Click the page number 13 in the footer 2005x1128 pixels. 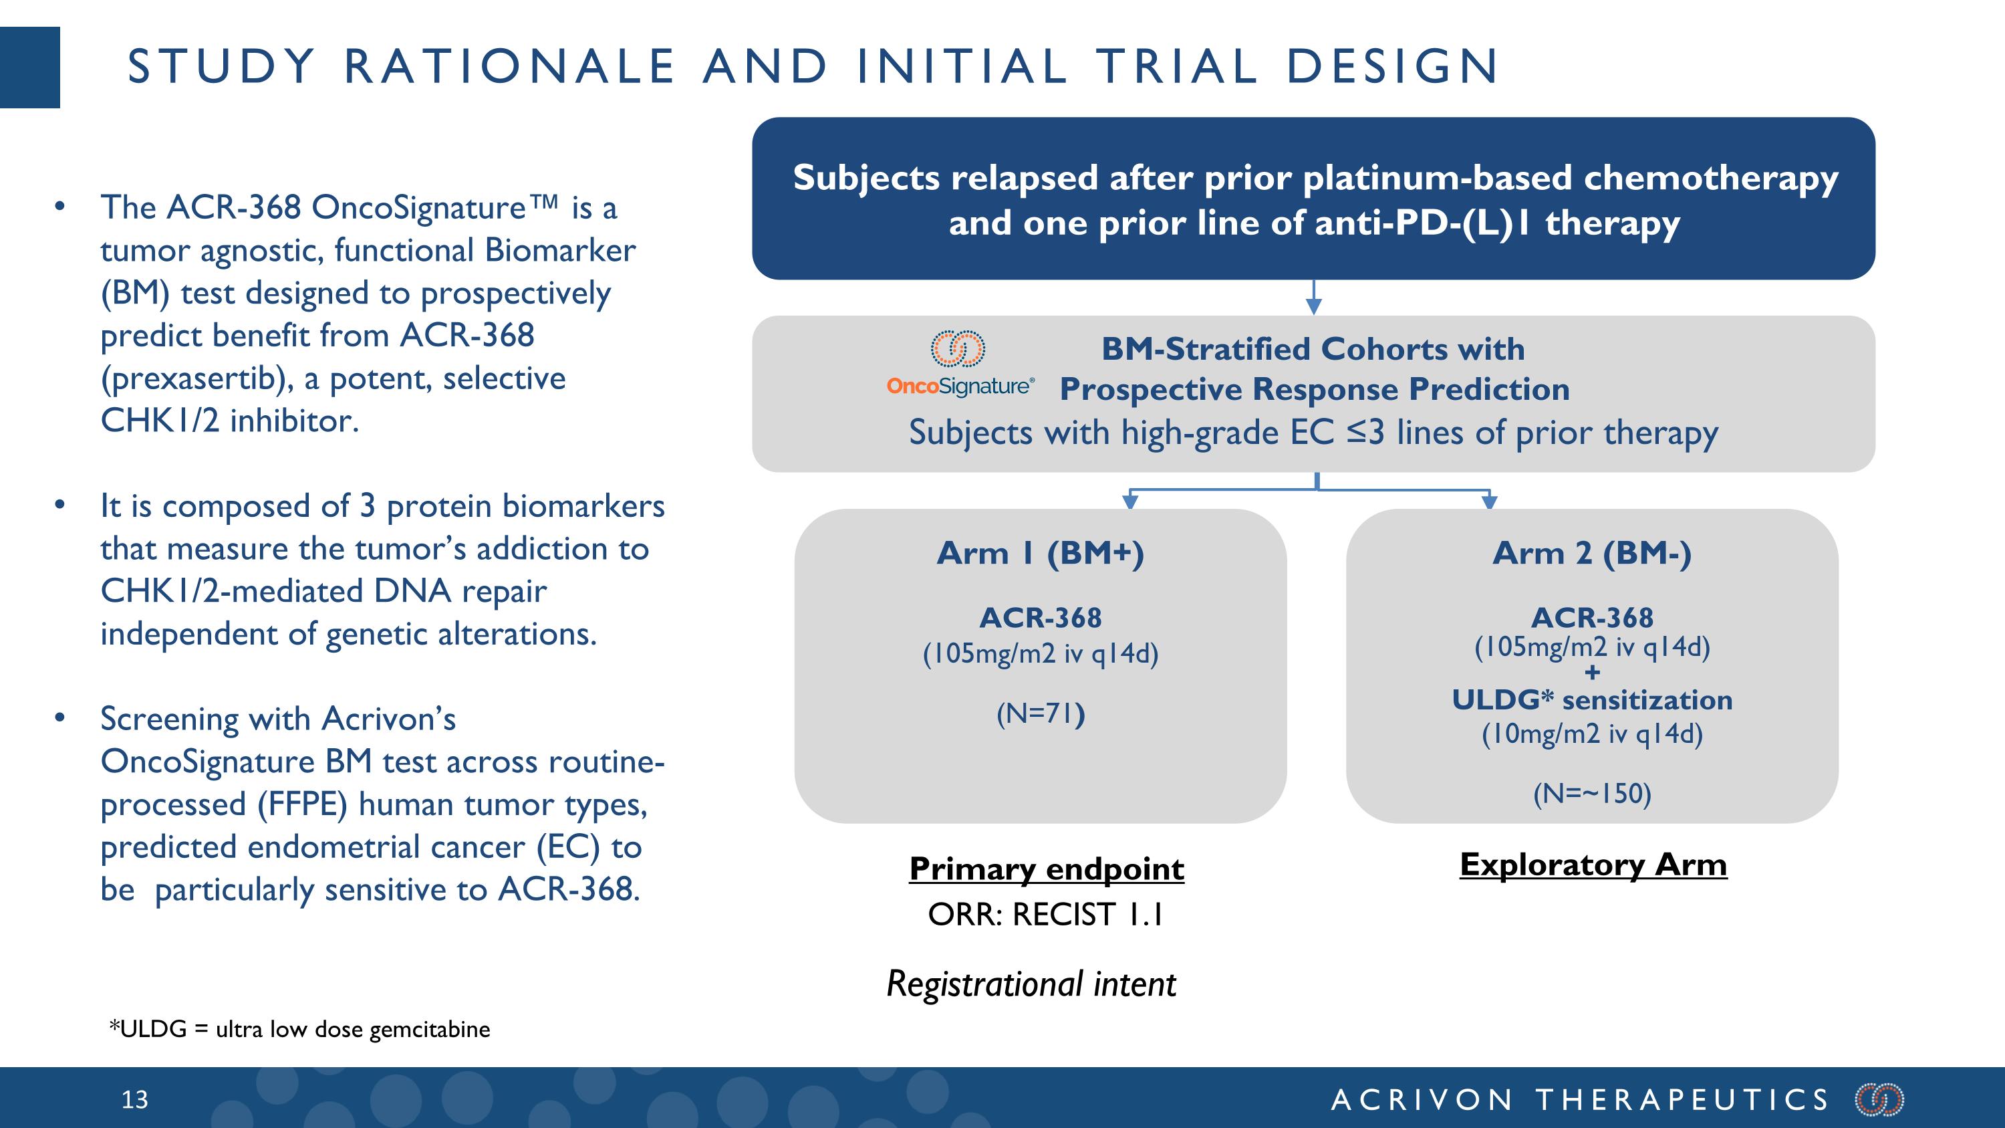pos(134,1099)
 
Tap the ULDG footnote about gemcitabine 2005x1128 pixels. pos(299,1029)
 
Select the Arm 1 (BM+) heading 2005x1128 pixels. pos(1040,554)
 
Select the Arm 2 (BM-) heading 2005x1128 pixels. pos(1592,554)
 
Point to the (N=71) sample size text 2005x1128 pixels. pos(1040,713)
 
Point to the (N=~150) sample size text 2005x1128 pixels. pos(1592,793)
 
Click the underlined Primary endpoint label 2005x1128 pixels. pos(1046,869)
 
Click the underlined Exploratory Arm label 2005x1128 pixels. pos(1593,864)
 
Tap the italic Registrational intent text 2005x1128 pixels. pos(1031,984)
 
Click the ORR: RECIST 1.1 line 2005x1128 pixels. pos(1045,915)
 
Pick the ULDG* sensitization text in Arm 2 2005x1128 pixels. pos(1592,700)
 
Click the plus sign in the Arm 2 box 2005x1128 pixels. pos(1593,672)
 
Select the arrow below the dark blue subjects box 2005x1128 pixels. pos(1314,299)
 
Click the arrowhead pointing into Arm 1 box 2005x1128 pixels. pos(1130,501)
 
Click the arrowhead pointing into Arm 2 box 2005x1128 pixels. pos(1489,501)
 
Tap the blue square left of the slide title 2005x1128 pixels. pos(29,67)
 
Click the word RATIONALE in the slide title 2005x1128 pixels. pos(509,66)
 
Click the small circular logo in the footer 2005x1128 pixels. pos(1879,1099)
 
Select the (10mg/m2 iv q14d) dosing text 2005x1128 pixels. pos(1592,734)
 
